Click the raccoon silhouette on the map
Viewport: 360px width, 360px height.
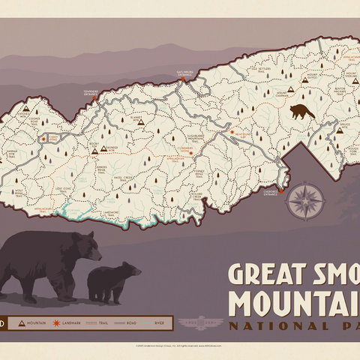coord(302,112)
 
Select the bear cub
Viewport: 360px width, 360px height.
coord(113,282)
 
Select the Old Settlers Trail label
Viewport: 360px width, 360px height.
coord(260,72)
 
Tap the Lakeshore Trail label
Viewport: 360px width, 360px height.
coord(110,213)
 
